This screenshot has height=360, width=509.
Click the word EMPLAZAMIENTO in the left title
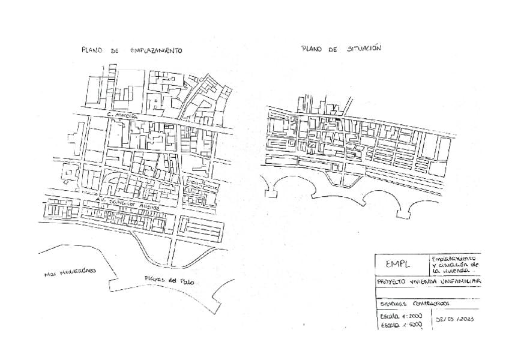tap(156, 51)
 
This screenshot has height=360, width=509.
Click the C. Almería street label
tap(122, 113)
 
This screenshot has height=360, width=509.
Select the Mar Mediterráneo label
tap(70, 272)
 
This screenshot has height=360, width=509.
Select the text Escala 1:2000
tap(401, 316)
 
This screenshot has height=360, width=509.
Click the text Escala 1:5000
tap(401, 325)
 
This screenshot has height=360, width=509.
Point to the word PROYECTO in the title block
tap(391, 281)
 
